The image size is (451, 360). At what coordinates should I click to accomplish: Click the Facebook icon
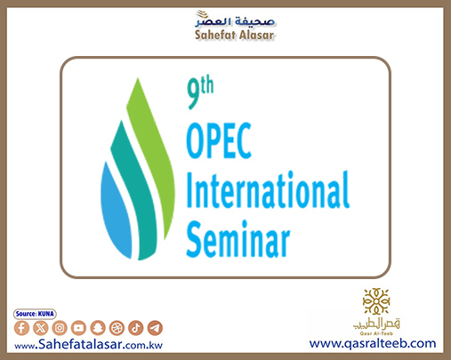(x=21, y=328)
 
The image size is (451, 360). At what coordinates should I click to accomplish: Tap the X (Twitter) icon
(x=41, y=328)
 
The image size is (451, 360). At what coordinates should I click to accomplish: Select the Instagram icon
(x=60, y=328)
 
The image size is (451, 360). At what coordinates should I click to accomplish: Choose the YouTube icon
(x=78, y=328)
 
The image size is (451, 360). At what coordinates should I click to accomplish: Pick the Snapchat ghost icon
(x=98, y=328)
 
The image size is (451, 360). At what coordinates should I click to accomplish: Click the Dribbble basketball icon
(x=117, y=328)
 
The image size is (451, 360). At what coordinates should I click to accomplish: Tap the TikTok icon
(x=136, y=328)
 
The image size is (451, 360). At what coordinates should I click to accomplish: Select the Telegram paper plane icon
(x=155, y=328)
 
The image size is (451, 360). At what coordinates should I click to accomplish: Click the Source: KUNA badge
(x=35, y=314)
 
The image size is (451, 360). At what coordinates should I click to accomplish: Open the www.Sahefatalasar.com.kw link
(x=88, y=345)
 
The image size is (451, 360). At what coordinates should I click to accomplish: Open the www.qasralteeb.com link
(x=373, y=343)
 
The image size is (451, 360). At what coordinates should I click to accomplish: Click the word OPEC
(x=219, y=140)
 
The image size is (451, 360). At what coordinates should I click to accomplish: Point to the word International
(x=268, y=189)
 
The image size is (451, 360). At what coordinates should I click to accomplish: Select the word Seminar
(x=238, y=239)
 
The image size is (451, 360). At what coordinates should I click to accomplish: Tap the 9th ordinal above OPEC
(x=200, y=92)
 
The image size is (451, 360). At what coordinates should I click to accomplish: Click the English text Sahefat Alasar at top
(x=234, y=35)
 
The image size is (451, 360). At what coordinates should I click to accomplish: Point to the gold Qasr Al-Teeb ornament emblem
(x=376, y=301)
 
